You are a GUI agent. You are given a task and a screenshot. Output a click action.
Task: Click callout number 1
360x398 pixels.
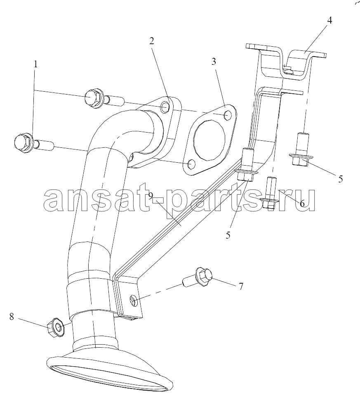click(x=35, y=64)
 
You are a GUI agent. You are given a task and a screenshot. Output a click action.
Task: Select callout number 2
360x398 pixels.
click(x=151, y=41)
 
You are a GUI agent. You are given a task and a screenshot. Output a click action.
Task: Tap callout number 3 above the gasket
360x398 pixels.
click(x=214, y=62)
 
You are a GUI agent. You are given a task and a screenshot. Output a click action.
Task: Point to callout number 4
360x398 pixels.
click(x=329, y=20)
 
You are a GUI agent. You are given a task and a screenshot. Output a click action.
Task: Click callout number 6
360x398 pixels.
click(x=302, y=204)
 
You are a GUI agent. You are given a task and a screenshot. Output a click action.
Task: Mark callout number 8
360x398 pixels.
click(x=12, y=317)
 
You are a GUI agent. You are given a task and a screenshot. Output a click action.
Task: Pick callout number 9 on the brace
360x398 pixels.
click(x=151, y=196)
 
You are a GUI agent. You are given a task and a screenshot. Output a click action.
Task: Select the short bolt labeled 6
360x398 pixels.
click(x=270, y=192)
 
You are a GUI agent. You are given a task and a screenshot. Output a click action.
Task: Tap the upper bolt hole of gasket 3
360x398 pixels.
click(x=228, y=115)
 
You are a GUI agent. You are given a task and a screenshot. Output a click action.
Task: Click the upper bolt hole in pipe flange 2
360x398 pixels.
click(x=165, y=107)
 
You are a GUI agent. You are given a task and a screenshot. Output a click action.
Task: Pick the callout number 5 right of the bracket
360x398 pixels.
click(x=341, y=179)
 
